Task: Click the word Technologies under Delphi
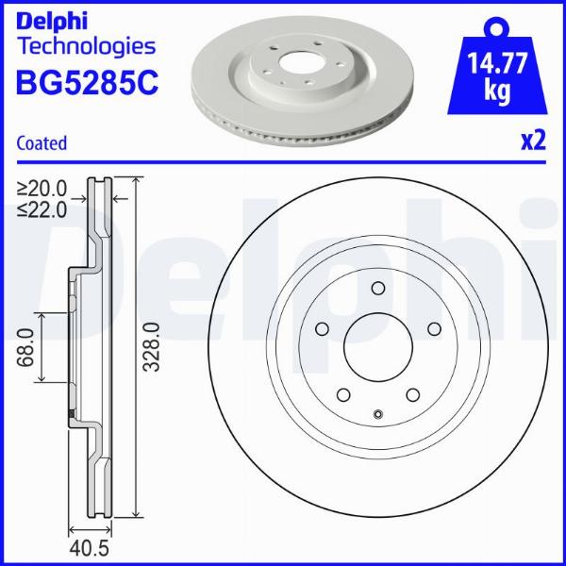point(86,45)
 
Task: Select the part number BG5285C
point(88,82)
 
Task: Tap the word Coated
point(42,143)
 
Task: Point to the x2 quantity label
point(534,141)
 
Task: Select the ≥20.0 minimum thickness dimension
point(42,188)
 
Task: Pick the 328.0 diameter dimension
point(151,348)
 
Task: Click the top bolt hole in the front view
point(377,290)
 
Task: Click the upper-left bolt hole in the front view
point(321,329)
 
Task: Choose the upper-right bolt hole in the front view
point(434,329)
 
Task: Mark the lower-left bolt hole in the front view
point(342,396)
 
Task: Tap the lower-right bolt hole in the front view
point(412,396)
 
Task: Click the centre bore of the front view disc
point(377,348)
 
